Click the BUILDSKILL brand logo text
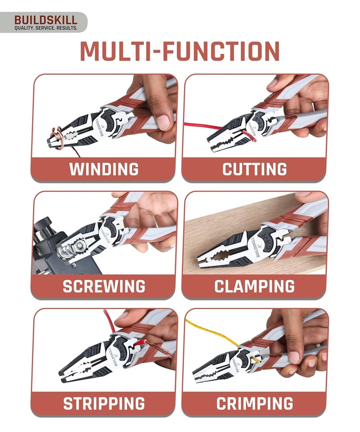click(x=45, y=20)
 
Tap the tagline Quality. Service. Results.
click(x=45, y=28)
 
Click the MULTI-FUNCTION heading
click(x=180, y=52)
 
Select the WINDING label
click(x=103, y=169)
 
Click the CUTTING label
click(x=255, y=169)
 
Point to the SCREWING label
click(x=103, y=286)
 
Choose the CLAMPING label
click(x=255, y=286)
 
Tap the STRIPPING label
click(x=103, y=403)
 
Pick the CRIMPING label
click(x=255, y=403)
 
